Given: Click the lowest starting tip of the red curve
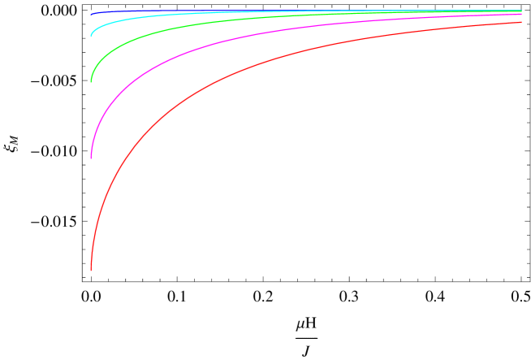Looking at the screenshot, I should coord(91,269).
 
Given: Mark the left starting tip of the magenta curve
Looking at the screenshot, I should coord(91,157).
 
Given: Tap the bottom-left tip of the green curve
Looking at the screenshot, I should coord(91,81).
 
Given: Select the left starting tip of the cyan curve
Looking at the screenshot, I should coord(91,36).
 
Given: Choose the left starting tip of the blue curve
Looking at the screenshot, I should coord(91,15).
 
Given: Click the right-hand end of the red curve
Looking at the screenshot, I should coord(521,22).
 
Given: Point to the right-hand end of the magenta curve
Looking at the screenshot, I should coord(521,15).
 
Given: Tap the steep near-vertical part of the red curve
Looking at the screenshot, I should coord(93,228).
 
